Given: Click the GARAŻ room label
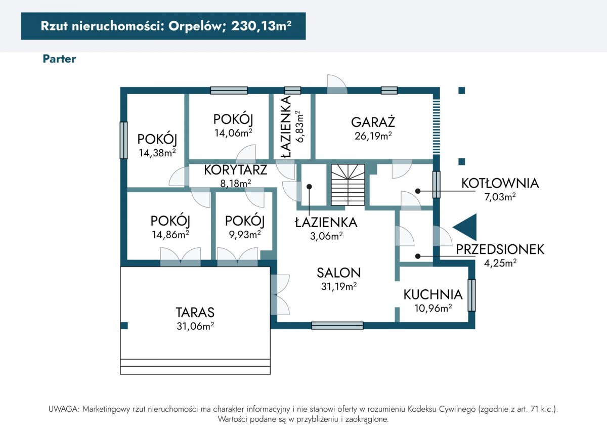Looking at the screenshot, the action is [373, 122].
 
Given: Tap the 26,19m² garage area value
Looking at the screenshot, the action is [373, 136].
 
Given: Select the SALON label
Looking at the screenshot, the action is [339, 273].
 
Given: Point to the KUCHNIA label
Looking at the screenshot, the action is [433, 294].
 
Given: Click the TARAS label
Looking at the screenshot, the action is [195, 312].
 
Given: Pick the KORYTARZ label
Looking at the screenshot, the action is [236, 170].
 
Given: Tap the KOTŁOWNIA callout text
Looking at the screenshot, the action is [500, 183].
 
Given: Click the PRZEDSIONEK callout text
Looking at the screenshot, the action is [500, 249].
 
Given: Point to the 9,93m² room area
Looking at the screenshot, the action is [245, 234].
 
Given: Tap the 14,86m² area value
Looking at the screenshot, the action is [170, 234].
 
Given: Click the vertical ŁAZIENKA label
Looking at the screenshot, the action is [286, 126].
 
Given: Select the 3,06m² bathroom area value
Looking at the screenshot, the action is [326, 236].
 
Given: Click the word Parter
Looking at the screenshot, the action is [59, 59].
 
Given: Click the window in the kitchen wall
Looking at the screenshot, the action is [471, 295].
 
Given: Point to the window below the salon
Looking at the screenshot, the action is [337, 326].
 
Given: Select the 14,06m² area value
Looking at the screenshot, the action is [234, 133].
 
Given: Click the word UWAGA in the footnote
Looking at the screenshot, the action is [64, 409].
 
